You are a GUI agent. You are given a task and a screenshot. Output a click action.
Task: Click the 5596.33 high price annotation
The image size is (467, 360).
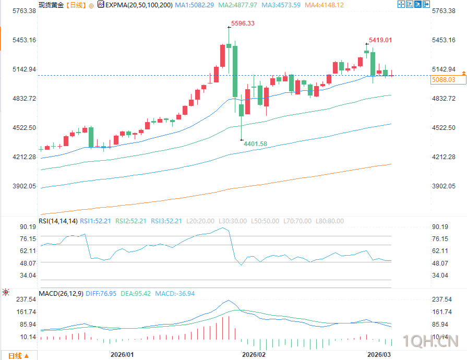click(x=243, y=23)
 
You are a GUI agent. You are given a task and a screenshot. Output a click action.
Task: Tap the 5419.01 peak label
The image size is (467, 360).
click(x=380, y=40)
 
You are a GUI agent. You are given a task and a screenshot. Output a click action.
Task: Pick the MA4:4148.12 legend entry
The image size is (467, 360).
click(x=325, y=5)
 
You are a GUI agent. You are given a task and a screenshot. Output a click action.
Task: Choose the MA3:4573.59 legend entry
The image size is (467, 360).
click(x=281, y=5)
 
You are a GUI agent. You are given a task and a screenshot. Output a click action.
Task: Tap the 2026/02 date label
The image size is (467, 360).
click(x=254, y=354)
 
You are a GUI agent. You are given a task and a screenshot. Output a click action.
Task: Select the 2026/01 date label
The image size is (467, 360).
click(x=122, y=354)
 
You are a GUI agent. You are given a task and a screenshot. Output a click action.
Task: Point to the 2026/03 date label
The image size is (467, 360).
click(x=379, y=354)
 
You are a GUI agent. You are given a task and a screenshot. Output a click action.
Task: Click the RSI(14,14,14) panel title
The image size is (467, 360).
click(x=58, y=221)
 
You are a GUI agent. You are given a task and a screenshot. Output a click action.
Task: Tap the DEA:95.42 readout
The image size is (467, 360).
click(x=136, y=294)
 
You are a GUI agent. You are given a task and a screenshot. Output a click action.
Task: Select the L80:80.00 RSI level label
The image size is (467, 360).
click(x=329, y=221)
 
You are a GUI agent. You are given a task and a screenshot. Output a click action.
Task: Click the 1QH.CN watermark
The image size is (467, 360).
click(x=431, y=342)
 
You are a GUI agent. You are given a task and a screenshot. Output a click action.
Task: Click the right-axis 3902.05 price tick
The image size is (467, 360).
click(x=445, y=186)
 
